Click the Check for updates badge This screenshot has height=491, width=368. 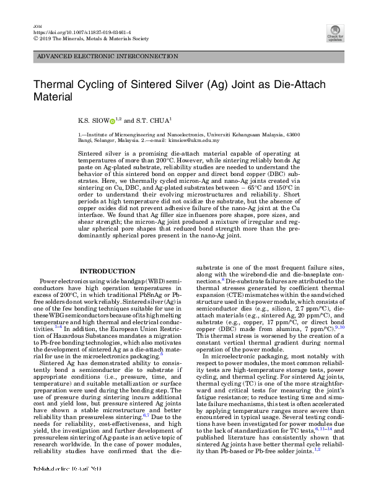pyautogui.click(x=335, y=32)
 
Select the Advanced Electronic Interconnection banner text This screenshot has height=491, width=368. pyautogui.click(x=108, y=56)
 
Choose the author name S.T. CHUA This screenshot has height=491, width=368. pyautogui.click(x=153, y=121)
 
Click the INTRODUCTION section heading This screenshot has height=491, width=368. pyautogui.click(x=108, y=271)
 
